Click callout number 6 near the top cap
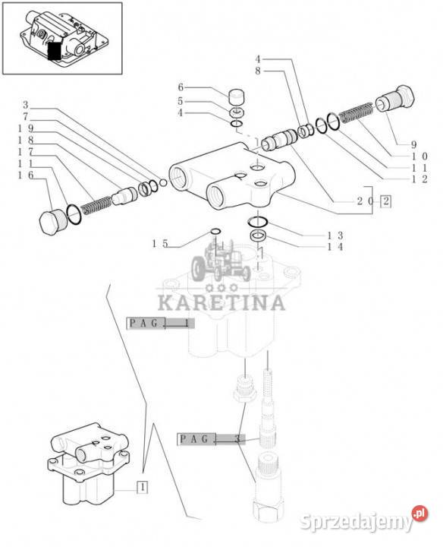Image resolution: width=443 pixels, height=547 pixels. click(x=181, y=87)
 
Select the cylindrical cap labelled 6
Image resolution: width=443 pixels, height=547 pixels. click(x=237, y=96)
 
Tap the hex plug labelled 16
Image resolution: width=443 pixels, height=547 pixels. click(x=51, y=222)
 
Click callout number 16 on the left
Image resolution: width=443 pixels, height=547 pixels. click(x=26, y=175)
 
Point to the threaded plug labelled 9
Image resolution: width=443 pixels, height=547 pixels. click(x=396, y=99)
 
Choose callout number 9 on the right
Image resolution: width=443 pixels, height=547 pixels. click(x=413, y=144)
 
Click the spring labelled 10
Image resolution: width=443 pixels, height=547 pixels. click(x=356, y=112)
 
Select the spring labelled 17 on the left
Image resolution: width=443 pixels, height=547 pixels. click(x=96, y=204)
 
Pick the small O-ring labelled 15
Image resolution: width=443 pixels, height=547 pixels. click(x=216, y=232)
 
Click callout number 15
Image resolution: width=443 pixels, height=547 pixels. click(x=160, y=244)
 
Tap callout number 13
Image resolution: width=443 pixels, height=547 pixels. click(x=335, y=235)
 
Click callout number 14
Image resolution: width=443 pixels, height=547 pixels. click(x=335, y=247)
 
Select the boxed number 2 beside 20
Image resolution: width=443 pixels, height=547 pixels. click(x=385, y=201)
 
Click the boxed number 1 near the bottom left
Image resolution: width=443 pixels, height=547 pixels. click(x=143, y=487)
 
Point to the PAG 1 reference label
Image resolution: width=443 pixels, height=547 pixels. click(x=160, y=324)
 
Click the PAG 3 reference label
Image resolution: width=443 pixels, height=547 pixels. click(x=211, y=439)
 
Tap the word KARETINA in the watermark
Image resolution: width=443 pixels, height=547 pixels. click(x=221, y=303)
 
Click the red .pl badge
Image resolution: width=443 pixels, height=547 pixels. click(x=419, y=514)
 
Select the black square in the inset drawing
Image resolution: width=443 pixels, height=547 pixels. click(x=54, y=51)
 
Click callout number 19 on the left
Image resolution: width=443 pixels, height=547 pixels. click(x=26, y=128)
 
